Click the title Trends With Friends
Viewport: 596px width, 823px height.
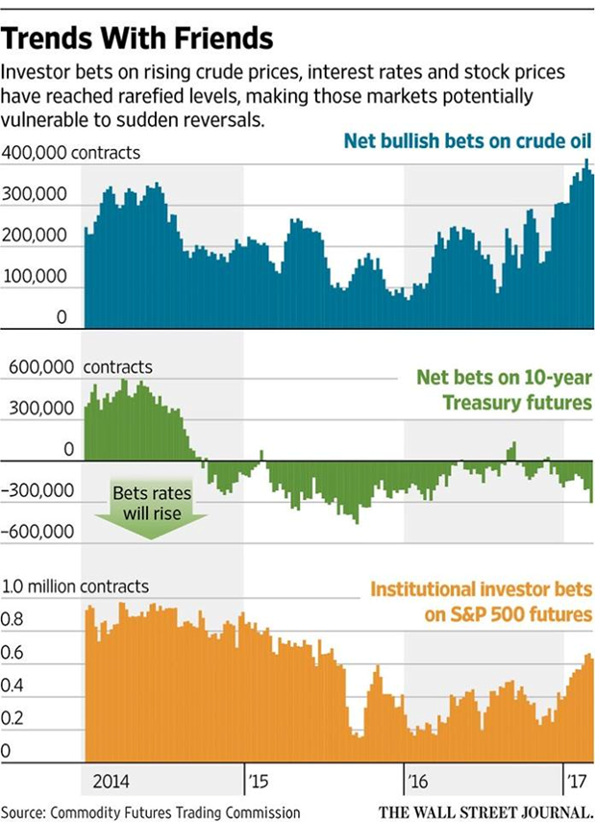(138, 38)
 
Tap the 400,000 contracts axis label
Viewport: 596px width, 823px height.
(72, 152)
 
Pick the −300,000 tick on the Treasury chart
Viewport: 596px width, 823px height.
(39, 490)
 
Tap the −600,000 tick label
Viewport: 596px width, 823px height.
(39, 532)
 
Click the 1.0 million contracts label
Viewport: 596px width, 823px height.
(77, 586)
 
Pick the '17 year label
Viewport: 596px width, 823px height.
(576, 780)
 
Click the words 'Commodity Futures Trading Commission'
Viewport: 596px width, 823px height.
(179, 811)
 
